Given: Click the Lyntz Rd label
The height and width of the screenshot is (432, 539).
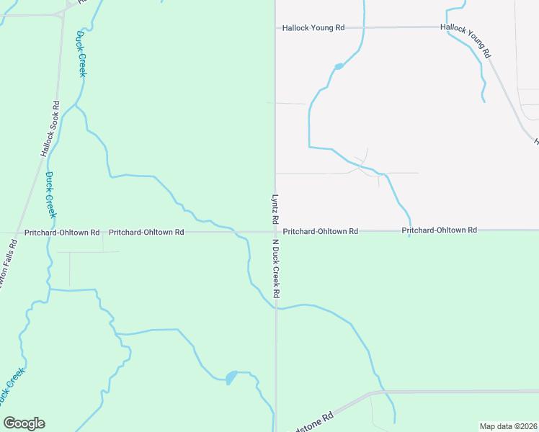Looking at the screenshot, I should [275, 207].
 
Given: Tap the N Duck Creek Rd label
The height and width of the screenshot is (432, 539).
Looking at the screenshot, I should [275, 270].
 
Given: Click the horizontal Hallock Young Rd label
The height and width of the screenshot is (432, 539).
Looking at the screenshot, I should [313, 27].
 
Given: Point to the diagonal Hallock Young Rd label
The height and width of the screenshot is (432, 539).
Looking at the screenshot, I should [465, 40].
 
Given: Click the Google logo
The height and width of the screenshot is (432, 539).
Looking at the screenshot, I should [24, 423].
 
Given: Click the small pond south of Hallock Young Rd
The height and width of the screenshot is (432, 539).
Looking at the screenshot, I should [338, 67].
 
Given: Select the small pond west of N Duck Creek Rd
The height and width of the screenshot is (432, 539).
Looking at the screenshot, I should [231, 377].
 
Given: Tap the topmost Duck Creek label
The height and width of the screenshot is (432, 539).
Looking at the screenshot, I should [81, 55].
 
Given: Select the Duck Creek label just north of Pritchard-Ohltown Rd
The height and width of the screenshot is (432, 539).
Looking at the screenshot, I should [50, 194].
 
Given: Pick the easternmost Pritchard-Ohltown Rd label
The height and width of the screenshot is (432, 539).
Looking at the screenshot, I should [439, 230].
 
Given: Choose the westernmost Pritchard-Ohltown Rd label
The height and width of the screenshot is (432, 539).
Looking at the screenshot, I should [61, 233].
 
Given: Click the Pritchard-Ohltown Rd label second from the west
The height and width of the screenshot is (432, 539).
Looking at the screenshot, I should [146, 233].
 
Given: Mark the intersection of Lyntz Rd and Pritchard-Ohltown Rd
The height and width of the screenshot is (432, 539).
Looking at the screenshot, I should [275, 231].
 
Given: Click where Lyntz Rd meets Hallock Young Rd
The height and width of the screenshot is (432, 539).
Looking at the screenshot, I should [275, 28].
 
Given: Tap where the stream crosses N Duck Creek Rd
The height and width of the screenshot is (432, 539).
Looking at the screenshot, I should [275, 308].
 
